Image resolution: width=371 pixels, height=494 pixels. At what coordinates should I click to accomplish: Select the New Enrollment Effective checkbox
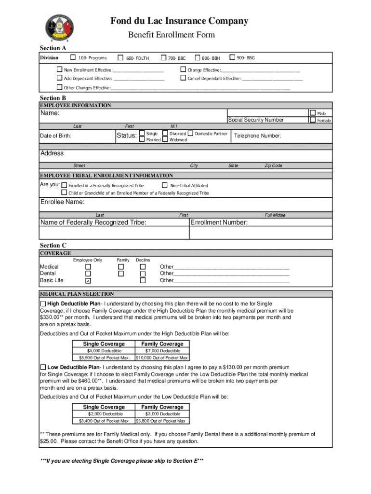click(x=60, y=69)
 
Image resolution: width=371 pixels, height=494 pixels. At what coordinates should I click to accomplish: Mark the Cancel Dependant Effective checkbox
click(x=183, y=78)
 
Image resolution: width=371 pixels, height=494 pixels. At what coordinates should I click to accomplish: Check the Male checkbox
click(x=313, y=113)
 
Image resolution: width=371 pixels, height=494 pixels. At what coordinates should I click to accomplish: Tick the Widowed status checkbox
click(x=165, y=139)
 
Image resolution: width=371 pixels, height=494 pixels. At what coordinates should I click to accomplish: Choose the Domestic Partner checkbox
click(x=190, y=133)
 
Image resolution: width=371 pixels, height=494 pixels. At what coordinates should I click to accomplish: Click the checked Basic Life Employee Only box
click(x=88, y=280)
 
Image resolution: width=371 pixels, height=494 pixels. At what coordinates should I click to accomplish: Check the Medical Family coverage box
click(x=122, y=267)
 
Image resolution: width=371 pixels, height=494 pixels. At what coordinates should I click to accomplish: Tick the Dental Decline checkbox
click(x=143, y=274)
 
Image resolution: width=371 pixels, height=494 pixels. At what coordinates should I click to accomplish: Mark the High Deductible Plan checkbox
click(x=43, y=303)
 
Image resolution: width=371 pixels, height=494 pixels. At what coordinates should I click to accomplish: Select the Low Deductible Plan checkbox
click(x=43, y=367)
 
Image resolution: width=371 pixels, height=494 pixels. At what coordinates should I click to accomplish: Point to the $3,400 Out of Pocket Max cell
click(x=105, y=421)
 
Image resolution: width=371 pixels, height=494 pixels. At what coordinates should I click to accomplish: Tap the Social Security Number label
click(x=256, y=120)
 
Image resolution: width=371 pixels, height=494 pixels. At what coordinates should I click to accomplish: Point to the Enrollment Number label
click(x=220, y=222)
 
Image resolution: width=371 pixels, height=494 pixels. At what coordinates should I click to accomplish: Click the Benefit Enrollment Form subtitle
click(x=171, y=35)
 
